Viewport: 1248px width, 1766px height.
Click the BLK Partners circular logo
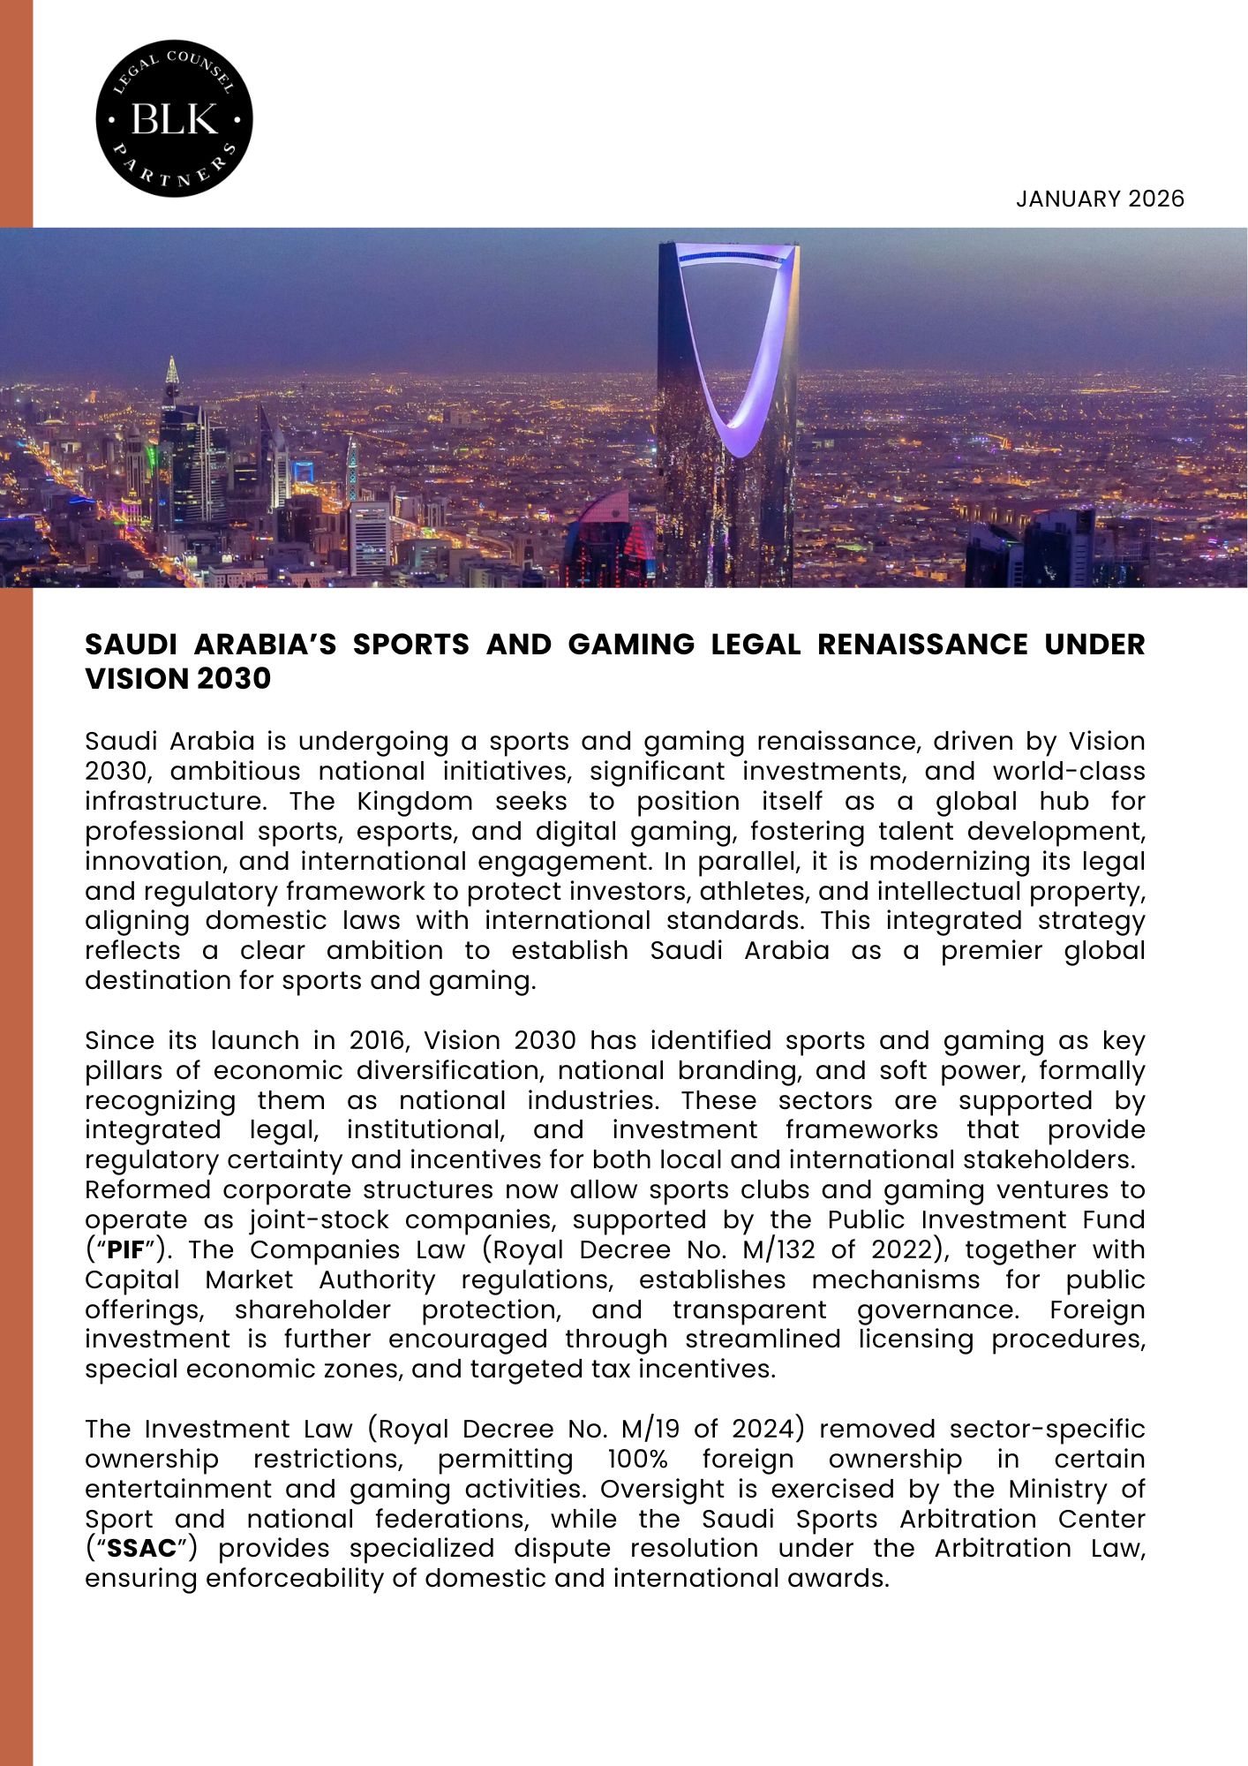174,117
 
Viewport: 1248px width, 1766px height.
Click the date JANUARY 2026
1099,199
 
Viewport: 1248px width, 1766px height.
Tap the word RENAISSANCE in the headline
921,645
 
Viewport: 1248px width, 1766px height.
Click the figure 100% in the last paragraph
637,1460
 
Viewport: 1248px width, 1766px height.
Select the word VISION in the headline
132,679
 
